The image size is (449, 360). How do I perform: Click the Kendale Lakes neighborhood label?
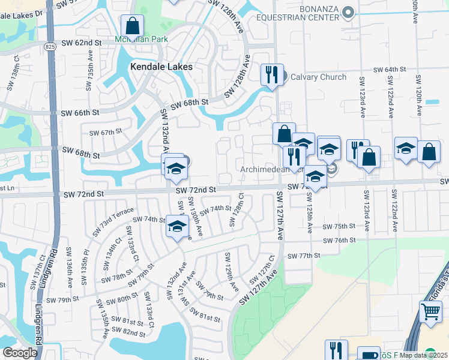point(161,67)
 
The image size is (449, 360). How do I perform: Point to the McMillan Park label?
point(142,40)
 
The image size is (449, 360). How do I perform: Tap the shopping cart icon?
point(430,312)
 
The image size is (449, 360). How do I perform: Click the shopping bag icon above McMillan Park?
point(132,26)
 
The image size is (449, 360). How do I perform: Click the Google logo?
point(20,353)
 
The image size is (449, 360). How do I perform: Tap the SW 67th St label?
point(106,132)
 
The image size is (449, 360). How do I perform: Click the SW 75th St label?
point(339,226)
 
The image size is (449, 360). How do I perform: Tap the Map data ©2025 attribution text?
point(423,355)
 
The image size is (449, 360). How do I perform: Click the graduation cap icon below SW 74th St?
point(177,227)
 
